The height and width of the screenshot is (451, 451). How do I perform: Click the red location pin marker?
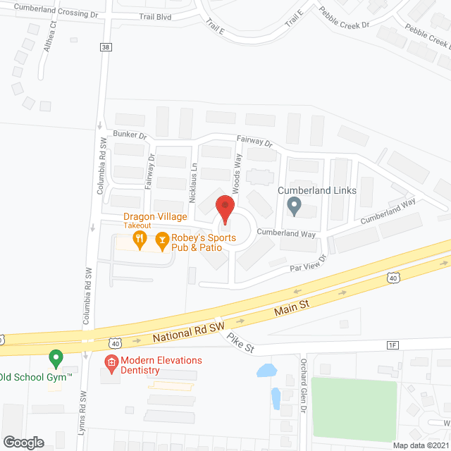(225, 209)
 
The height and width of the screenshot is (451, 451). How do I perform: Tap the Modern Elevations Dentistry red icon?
(111, 364)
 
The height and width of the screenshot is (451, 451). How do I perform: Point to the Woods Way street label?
(238, 171)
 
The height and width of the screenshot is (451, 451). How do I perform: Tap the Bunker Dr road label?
(129, 135)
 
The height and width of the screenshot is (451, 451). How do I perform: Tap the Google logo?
(24, 442)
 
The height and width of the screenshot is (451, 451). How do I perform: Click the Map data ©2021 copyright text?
(420, 445)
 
